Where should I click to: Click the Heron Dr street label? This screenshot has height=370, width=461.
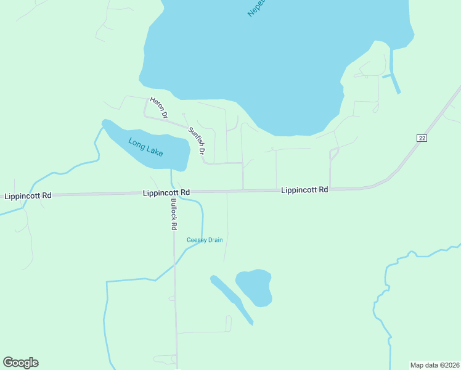158,107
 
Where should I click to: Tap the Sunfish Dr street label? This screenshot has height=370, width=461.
197,140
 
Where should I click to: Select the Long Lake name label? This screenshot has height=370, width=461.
145,146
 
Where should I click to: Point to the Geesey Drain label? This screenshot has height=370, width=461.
205,240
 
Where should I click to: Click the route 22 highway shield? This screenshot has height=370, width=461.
422,138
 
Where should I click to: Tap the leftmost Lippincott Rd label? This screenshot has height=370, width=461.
28,195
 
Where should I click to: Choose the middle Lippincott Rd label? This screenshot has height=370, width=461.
166,192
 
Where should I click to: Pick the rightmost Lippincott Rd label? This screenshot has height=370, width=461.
304,190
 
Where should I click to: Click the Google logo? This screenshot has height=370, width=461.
20,363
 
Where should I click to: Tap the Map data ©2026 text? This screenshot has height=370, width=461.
434,364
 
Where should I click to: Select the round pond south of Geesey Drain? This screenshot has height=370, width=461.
255,286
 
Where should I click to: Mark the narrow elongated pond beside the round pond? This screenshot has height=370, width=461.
230,298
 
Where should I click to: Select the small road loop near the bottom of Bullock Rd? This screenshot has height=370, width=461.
165,358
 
